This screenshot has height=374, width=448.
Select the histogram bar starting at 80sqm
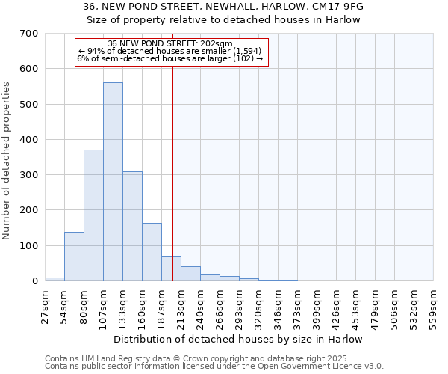93,215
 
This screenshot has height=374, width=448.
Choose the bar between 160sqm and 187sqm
152,252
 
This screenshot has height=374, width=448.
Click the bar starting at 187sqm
171,269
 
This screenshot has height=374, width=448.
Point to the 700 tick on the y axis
29,34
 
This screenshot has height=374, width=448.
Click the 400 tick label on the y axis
29,140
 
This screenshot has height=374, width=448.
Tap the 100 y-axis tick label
29,246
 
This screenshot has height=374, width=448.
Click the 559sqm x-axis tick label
434,304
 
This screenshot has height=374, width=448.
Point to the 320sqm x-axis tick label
259,304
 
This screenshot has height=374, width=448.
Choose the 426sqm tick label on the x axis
337,304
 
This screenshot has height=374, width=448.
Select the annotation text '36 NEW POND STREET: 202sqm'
170,44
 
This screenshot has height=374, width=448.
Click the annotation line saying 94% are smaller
170,52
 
